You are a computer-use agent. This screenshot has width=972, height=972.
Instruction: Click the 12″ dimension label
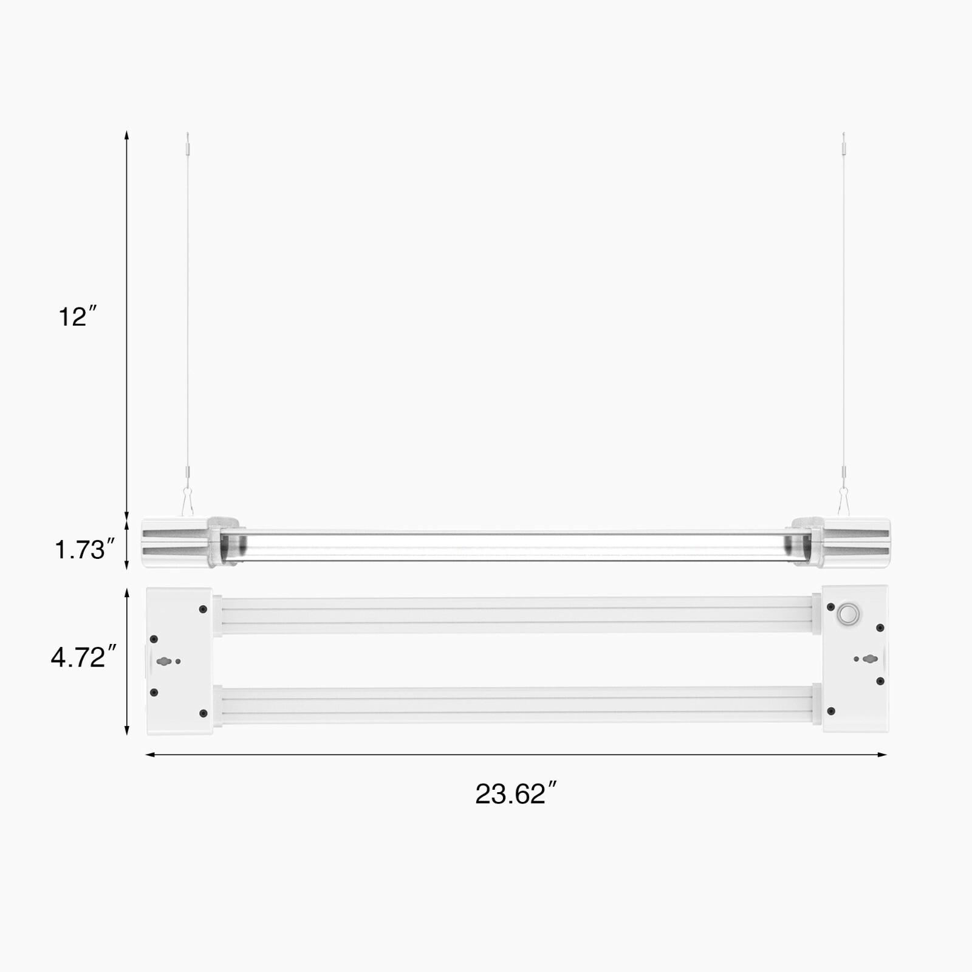click(x=77, y=317)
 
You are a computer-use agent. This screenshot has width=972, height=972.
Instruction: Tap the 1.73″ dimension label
click(x=84, y=550)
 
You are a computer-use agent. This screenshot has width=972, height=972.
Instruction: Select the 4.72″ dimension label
click(x=83, y=657)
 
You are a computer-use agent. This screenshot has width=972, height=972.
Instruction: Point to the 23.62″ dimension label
click(x=515, y=794)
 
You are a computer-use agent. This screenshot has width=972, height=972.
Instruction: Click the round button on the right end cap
click(x=848, y=614)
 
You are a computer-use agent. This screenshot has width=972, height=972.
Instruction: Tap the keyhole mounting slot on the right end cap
click(x=870, y=659)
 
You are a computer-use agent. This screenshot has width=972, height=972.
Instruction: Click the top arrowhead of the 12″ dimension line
click(x=126, y=134)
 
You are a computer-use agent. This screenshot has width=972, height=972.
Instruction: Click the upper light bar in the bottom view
click(x=516, y=615)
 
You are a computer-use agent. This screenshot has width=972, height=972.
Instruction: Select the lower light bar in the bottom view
click(x=516, y=704)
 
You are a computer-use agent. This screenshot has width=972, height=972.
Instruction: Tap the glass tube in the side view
click(x=516, y=545)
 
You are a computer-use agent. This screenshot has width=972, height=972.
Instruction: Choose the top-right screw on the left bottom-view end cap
click(x=203, y=609)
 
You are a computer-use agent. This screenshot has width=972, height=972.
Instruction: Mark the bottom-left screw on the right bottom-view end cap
click(x=831, y=711)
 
